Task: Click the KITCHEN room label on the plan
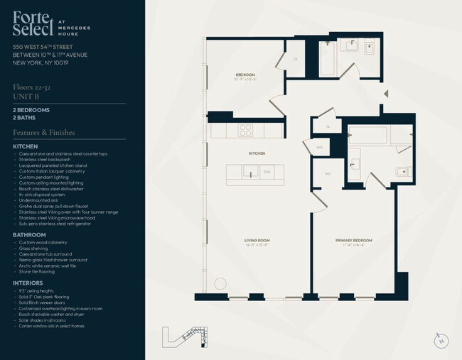pyautogui.click(x=257, y=153)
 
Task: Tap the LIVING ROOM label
pyautogui.click(x=257, y=241)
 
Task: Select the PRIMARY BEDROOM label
pyautogui.click(x=353, y=241)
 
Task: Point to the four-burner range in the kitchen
pyautogui.click(x=245, y=130)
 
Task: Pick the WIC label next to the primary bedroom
pyautogui.click(x=318, y=173)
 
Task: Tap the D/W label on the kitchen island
pyautogui.click(x=267, y=172)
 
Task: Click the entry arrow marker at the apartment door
pyautogui.click(x=386, y=94)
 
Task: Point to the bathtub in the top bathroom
pyautogui.click(x=327, y=60)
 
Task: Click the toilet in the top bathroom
pyautogui.click(x=369, y=48)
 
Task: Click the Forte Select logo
pyautogui.click(x=33, y=26)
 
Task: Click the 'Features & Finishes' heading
pyautogui.click(x=43, y=132)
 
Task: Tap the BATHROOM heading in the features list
pyautogui.click(x=29, y=235)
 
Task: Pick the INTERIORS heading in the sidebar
pyautogui.click(x=28, y=282)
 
